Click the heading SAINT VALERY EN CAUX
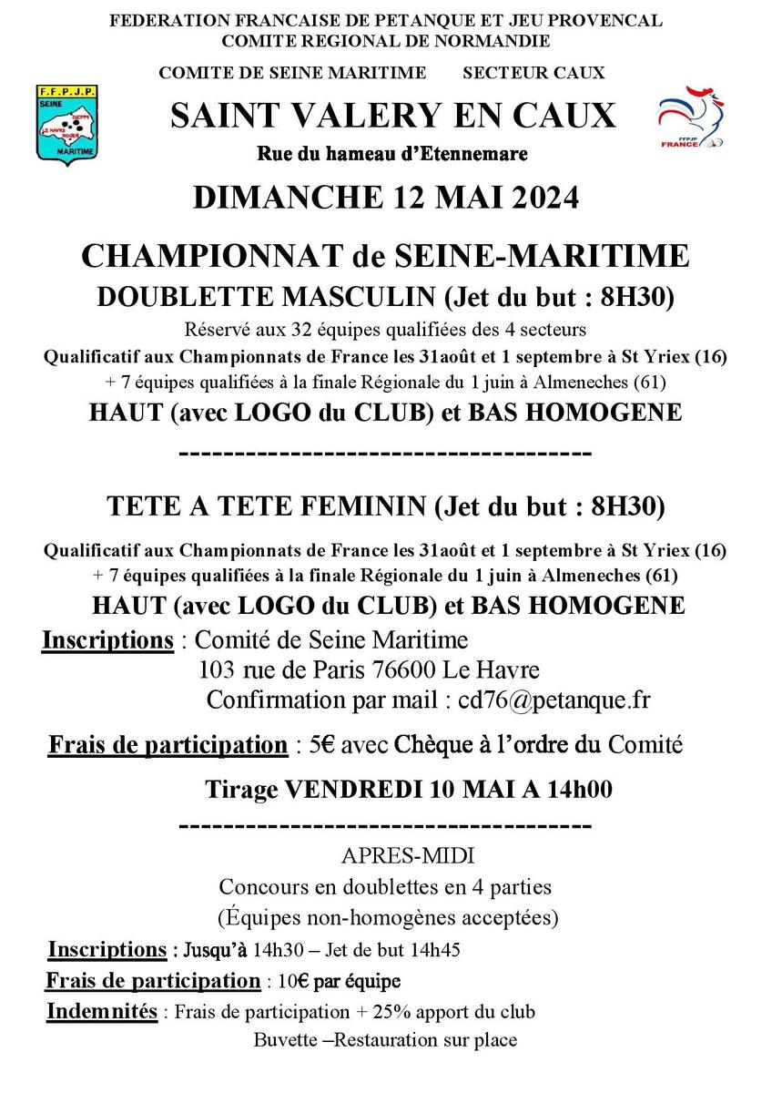pyautogui.click(x=392, y=116)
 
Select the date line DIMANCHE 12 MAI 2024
pyautogui.click(x=385, y=198)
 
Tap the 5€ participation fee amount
pyautogui.click(x=321, y=746)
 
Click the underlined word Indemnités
pyautogui.click(x=101, y=1012)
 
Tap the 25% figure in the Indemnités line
pyautogui.click(x=423, y=1013)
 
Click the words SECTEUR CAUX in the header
pyautogui.click(x=533, y=73)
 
